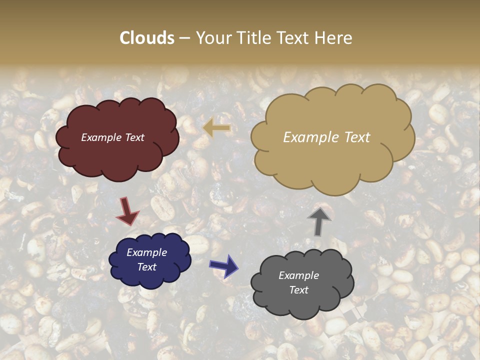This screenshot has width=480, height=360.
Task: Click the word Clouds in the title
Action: [147, 38]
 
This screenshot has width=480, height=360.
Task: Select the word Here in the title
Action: [333, 38]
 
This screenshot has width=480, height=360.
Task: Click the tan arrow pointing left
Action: [217, 128]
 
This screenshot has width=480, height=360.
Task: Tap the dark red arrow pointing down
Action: [127, 211]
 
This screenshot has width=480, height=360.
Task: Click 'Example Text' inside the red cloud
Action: [112, 137]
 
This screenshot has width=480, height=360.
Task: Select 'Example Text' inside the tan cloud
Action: [326, 137]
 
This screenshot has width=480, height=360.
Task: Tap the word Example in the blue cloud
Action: [146, 252]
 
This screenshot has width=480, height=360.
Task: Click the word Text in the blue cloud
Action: [146, 267]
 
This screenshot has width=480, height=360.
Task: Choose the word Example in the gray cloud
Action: [298, 275]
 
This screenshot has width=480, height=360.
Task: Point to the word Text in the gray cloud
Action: [298, 290]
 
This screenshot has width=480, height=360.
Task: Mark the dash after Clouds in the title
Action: [184, 38]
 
